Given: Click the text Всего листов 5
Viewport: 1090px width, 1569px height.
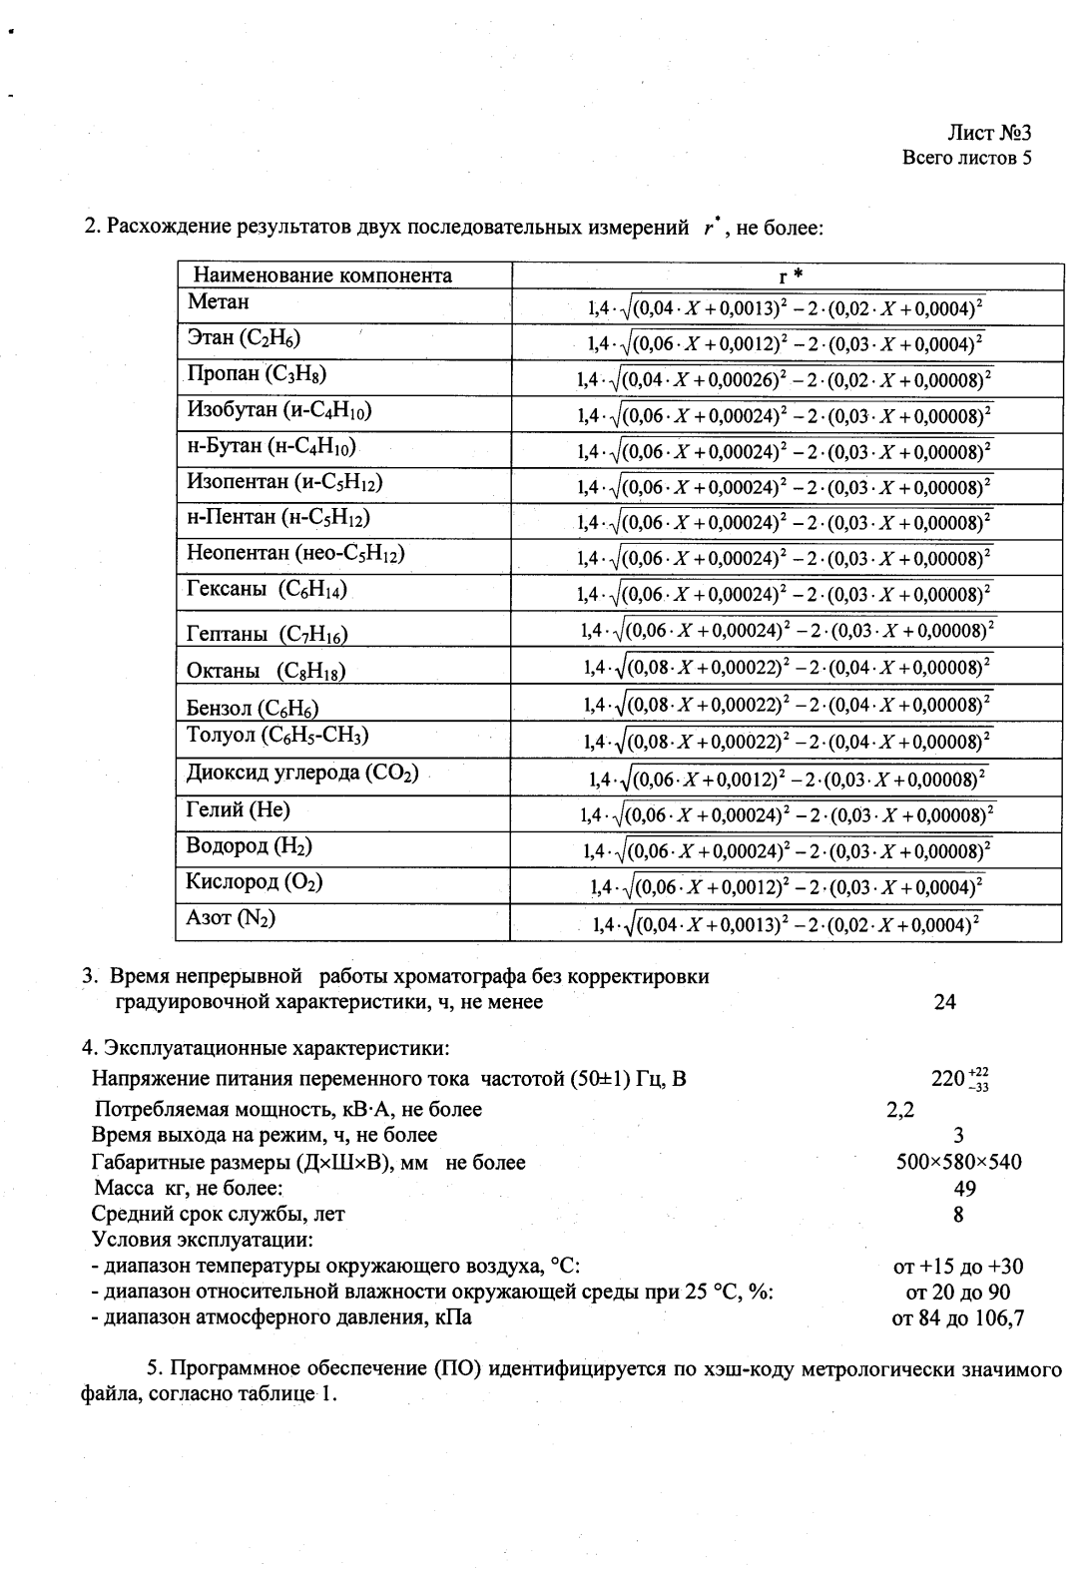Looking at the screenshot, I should pyautogui.click(x=965, y=158).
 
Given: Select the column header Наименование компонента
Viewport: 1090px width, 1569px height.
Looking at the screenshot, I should pyautogui.click(x=321, y=275).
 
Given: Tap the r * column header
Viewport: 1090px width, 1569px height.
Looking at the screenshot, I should pyautogui.click(x=785, y=275).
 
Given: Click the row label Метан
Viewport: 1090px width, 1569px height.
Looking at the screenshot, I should pyautogui.click(x=219, y=302).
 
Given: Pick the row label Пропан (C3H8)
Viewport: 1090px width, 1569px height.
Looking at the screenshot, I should pyautogui.click(x=257, y=374).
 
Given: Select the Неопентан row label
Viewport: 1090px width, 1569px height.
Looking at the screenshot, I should pyautogui.click(x=295, y=553).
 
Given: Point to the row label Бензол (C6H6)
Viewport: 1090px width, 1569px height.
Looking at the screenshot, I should pyautogui.click(x=253, y=709).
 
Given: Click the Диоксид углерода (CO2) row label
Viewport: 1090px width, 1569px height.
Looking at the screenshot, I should pyautogui.click(x=301, y=774).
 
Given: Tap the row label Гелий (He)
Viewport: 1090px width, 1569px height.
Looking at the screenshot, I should pyautogui.click(x=238, y=809).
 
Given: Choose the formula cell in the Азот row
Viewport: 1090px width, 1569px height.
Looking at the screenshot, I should pyautogui.click(x=785, y=924).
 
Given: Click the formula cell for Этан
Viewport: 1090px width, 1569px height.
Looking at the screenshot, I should pyautogui.click(x=785, y=344).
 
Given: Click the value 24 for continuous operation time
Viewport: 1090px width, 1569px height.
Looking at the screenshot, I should pyautogui.click(x=944, y=1002).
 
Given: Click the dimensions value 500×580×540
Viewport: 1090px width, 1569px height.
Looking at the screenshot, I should pyautogui.click(x=959, y=1162).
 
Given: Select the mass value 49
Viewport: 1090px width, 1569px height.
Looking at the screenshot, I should pyautogui.click(x=964, y=1189).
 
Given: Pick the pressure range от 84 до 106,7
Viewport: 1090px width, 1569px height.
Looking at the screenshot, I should pyautogui.click(x=957, y=1318).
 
